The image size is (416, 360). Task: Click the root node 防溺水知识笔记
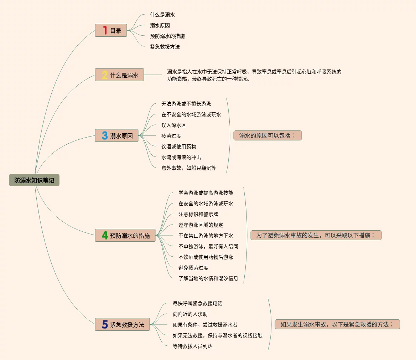(34, 180)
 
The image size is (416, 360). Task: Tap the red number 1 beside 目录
(105, 31)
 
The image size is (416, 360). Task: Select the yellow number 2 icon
(105, 75)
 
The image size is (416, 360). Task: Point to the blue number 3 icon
(105, 136)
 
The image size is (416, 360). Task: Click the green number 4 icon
(105, 236)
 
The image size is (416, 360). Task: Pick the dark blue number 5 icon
(105, 325)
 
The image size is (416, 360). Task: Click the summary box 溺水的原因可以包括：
(267, 135)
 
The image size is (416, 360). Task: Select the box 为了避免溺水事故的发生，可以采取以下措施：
(316, 235)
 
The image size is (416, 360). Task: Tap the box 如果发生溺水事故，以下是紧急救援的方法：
(337, 324)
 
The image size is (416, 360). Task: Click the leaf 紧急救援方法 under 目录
(165, 47)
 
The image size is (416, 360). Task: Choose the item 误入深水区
(174, 125)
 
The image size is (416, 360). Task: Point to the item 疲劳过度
(171, 136)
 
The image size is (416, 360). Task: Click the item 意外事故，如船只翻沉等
(189, 168)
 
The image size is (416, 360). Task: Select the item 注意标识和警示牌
(198, 214)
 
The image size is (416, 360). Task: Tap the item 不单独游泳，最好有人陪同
(208, 246)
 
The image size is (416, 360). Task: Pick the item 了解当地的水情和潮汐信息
(208, 278)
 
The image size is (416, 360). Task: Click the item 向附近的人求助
(190, 314)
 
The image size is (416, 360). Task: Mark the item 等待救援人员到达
(193, 346)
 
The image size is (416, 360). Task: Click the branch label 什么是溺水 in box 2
(124, 75)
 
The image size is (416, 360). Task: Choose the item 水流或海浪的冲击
(181, 157)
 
